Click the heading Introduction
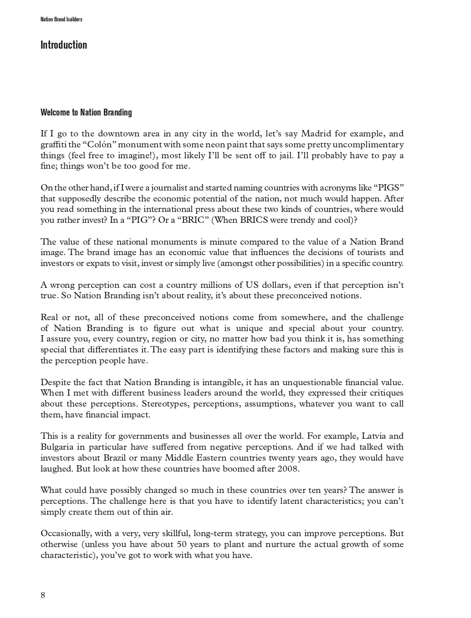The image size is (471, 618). (63, 45)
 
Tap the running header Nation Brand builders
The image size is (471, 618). (61, 20)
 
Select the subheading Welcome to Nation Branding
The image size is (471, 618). (86, 112)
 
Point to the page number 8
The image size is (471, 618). (43, 595)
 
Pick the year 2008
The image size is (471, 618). (288, 469)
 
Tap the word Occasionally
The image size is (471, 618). (66, 533)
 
